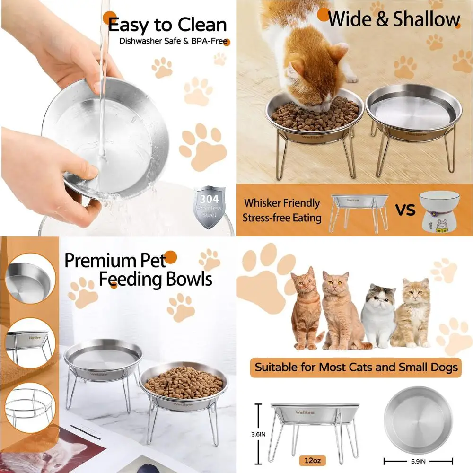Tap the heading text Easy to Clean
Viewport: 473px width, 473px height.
(167, 25)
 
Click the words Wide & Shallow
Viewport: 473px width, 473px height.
(394, 19)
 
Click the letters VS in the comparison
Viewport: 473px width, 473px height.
(405, 210)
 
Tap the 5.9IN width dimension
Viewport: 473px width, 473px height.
(418, 460)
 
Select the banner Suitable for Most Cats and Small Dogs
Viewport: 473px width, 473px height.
(356, 367)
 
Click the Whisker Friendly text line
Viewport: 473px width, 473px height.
(282, 203)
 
